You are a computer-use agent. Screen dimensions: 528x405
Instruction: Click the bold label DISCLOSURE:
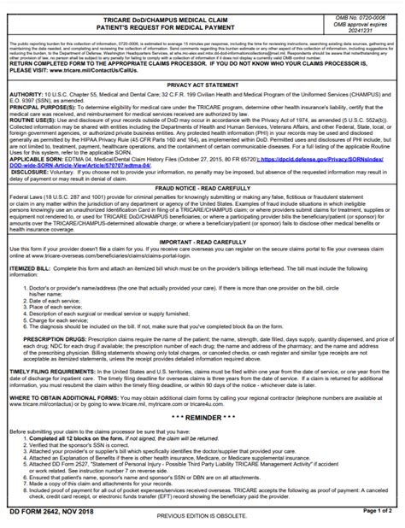pyautogui.click(x=30, y=197)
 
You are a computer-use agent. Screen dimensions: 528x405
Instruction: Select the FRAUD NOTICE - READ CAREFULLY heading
pyautogui.click(x=202, y=210)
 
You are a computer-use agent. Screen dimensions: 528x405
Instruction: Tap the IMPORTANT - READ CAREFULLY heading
pyautogui.click(x=202, y=267)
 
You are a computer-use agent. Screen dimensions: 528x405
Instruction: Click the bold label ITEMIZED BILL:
pyautogui.click(x=36, y=292)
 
